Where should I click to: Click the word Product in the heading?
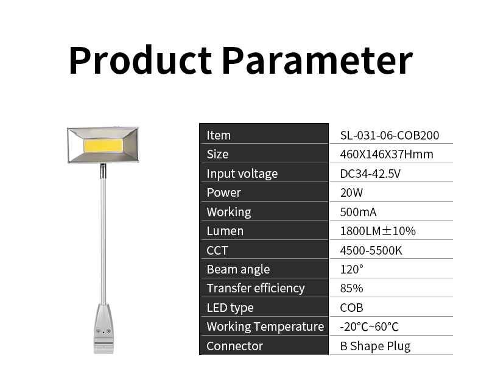click(141, 60)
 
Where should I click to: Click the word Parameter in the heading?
click(317, 60)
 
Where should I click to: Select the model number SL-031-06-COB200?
click(390, 135)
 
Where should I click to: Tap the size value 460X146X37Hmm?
click(387, 154)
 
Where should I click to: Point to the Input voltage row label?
click(242, 174)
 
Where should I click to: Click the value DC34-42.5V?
click(370, 174)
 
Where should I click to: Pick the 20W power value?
click(351, 192)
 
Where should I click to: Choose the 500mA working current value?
click(358, 212)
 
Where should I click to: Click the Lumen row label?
click(225, 231)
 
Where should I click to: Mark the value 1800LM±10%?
click(378, 231)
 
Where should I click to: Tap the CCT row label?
click(217, 250)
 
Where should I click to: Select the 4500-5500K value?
click(371, 250)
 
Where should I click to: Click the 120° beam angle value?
click(351, 269)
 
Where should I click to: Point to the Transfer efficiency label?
click(256, 289)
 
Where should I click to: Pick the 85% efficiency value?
click(351, 289)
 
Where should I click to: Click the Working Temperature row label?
click(265, 326)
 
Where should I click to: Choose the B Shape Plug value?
click(375, 346)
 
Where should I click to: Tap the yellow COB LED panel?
click(103, 145)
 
